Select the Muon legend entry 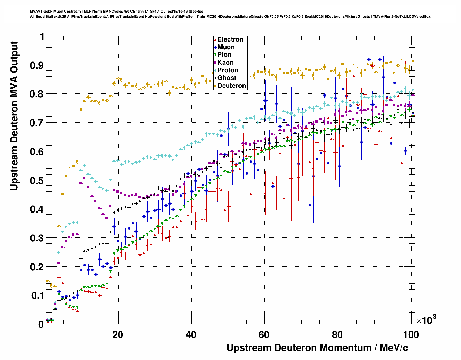click(226, 47)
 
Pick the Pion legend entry click(224, 55)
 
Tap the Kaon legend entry click(225, 63)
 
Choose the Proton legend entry click(228, 70)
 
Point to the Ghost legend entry click(227, 78)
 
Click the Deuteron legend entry click(232, 86)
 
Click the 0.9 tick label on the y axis click(37, 65)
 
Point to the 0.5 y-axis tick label click(37, 180)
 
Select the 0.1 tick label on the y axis click(37, 296)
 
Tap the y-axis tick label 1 click(42, 37)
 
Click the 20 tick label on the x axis click(117, 335)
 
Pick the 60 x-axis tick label click(264, 335)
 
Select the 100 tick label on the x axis click(411, 335)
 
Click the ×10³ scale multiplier click(426, 320)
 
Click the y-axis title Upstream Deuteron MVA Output click(14, 116)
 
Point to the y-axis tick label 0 click(41, 324)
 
